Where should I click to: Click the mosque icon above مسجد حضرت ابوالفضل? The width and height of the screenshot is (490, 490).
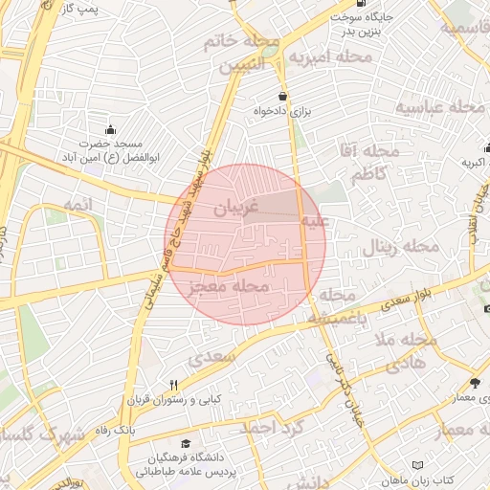click(x=111, y=130)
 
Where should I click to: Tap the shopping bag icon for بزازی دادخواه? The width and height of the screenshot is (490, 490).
click(x=281, y=96)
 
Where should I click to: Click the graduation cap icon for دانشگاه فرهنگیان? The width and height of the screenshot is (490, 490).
click(x=186, y=444)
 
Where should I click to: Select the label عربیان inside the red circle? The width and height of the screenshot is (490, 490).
click(x=235, y=206)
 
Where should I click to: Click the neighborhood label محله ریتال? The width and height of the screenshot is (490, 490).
click(x=400, y=249)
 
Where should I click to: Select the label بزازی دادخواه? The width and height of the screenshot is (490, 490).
click(x=283, y=111)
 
